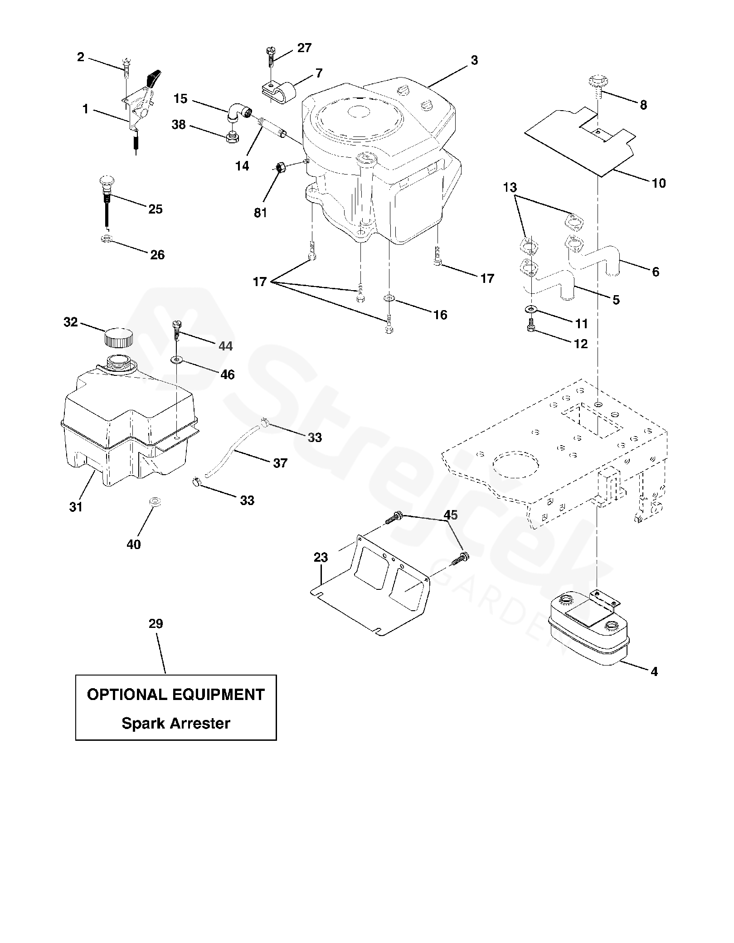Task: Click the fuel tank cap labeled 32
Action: tap(119, 337)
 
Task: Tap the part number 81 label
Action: tap(261, 212)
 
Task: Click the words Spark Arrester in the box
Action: tap(176, 723)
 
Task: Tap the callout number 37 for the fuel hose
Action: tap(280, 462)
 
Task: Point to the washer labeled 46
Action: tap(177, 360)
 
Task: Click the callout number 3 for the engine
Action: tap(474, 60)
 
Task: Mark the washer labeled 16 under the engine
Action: tap(389, 298)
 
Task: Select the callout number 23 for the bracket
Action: tap(321, 557)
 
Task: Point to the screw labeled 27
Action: tap(270, 55)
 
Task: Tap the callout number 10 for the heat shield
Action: tap(659, 183)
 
